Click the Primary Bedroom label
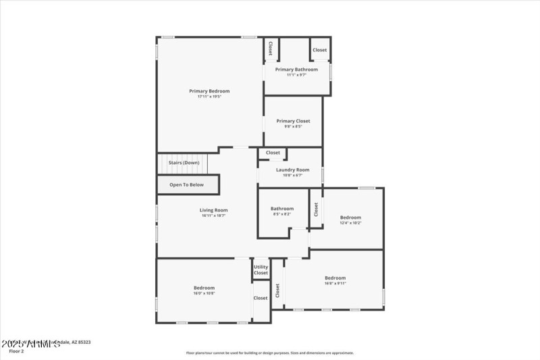click(x=209, y=91)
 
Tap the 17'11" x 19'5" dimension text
click(x=209, y=97)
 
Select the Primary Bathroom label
click(x=296, y=70)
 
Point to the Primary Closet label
click(x=293, y=121)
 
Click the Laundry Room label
click(x=293, y=170)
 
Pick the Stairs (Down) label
click(x=184, y=163)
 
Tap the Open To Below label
click(x=186, y=184)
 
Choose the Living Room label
click(x=213, y=210)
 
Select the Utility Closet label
click(x=261, y=269)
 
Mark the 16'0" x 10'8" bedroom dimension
click(x=204, y=293)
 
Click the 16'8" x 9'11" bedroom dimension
click(x=335, y=284)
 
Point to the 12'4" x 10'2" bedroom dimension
click(x=350, y=223)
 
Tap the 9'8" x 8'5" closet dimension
click(x=293, y=126)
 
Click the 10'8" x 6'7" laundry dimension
click(x=293, y=175)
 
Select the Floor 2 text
click(x=16, y=351)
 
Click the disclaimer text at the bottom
click(x=270, y=353)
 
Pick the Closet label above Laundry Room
click(x=273, y=153)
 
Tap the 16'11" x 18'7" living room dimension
click(x=213, y=215)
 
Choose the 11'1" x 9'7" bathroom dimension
click(x=296, y=75)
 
